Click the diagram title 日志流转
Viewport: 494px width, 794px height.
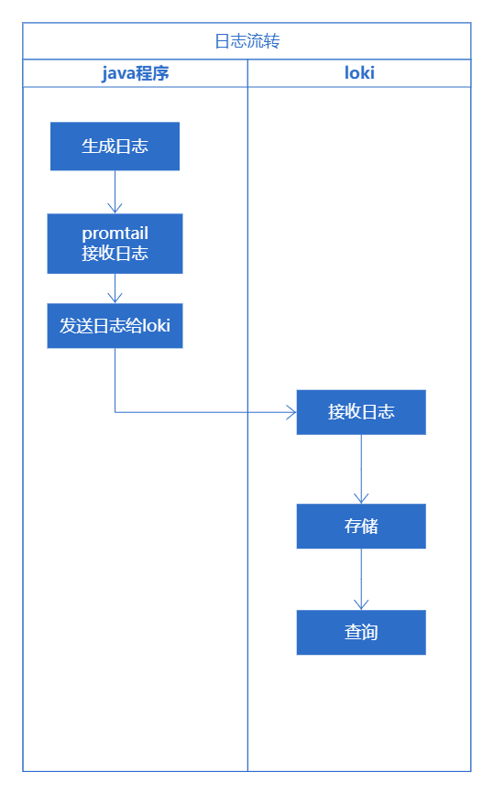[x=247, y=41]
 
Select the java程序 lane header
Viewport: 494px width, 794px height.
[x=135, y=73]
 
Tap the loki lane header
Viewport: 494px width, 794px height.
[x=359, y=73]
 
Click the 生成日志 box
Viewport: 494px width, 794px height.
[x=115, y=147]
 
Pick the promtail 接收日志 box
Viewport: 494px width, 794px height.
[x=115, y=244]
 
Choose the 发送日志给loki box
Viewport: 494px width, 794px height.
[x=115, y=326]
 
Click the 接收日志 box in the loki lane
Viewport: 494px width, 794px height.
[x=360, y=412]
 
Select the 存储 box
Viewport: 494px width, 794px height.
[x=360, y=527]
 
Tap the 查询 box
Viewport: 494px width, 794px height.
[x=360, y=633]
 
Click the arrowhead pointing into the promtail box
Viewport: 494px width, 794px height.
[x=115, y=207]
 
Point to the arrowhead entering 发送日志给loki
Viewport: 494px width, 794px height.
[x=115, y=297]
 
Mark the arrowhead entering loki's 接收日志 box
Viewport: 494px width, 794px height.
[x=291, y=412]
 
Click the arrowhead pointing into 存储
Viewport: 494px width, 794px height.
[x=360, y=497]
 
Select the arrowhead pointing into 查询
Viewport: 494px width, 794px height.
[x=360, y=604]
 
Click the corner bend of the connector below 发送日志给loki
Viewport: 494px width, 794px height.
[x=115, y=412]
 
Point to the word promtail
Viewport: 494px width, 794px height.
[x=115, y=234]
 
